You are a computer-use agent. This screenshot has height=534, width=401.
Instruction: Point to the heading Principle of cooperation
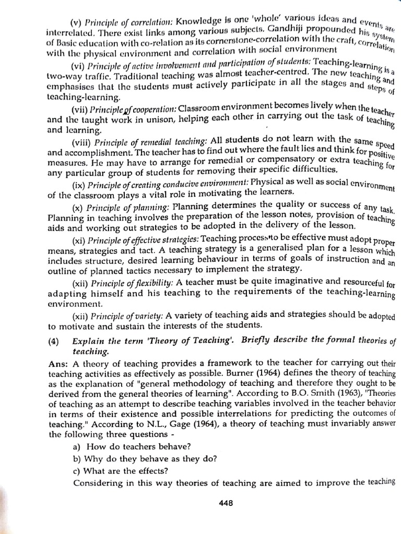point(133,110)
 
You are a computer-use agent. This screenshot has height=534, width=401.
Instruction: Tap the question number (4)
point(54,341)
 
